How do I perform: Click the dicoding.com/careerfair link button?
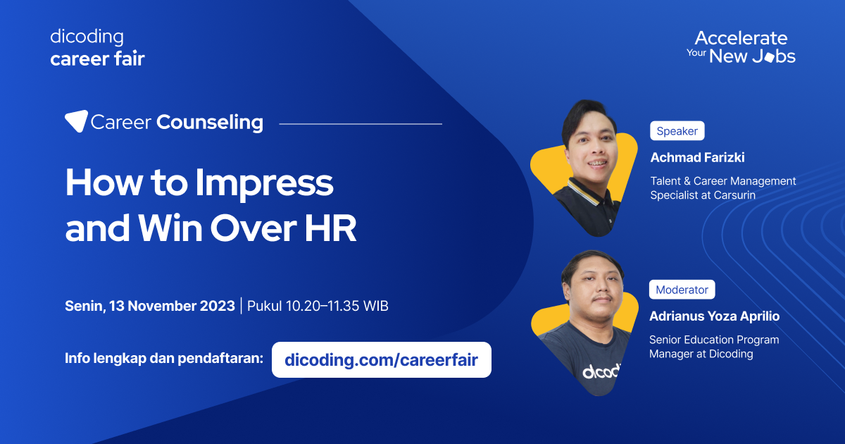(x=381, y=360)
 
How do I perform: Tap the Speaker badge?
(x=677, y=131)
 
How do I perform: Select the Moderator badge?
(x=682, y=290)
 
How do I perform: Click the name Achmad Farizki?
(x=697, y=157)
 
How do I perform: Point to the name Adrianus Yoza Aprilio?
(x=714, y=316)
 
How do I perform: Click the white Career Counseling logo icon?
(x=76, y=121)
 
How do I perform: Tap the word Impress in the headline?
(x=264, y=183)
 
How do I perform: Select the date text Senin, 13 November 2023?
(x=150, y=306)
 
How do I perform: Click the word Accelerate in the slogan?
(x=741, y=37)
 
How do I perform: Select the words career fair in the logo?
(x=97, y=59)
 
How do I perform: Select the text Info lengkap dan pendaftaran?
(x=163, y=357)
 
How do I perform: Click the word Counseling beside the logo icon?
(x=210, y=122)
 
